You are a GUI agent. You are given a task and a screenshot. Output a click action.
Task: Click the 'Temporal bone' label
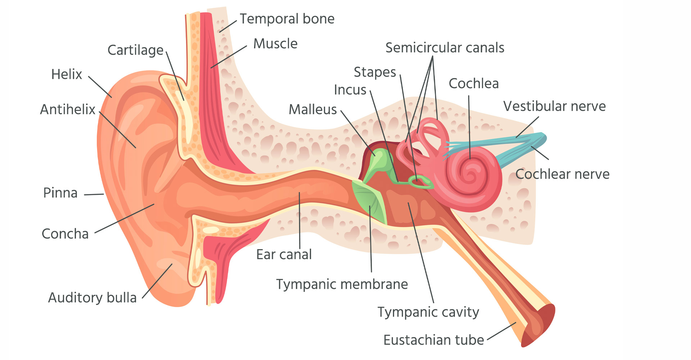click(287, 19)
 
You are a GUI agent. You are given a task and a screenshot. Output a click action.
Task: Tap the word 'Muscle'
click(275, 44)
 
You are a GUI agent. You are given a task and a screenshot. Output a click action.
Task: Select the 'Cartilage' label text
click(136, 50)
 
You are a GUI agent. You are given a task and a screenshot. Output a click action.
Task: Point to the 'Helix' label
click(67, 74)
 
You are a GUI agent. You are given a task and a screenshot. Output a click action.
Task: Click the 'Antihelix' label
click(68, 109)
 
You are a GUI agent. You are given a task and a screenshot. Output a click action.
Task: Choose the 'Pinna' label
click(60, 193)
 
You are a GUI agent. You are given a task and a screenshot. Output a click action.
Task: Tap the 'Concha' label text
click(65, 234)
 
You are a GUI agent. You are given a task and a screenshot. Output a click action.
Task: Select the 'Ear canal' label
click(284, 255)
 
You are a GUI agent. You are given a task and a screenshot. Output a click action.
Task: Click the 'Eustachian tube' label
click(434, 340)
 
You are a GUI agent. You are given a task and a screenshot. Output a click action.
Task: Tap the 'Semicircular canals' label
click(445, 48)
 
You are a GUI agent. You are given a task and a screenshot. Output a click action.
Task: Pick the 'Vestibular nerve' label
click(555, 107)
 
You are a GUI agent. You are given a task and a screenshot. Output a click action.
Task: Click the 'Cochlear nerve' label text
click(563, 174)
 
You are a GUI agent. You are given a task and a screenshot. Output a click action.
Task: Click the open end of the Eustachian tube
click(538, 326)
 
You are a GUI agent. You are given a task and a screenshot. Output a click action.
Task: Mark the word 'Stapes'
click(375, 72)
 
